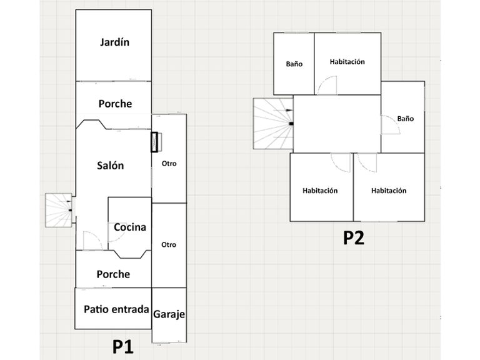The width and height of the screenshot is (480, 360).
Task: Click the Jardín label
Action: point(114,43)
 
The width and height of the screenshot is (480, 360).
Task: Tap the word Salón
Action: point(111,166)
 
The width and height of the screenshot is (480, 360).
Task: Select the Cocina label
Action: point(130,227)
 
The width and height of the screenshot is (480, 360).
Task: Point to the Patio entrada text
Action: point(116,309)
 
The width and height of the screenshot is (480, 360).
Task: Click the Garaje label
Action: point(169,314)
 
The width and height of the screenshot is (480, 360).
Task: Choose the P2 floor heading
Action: point(354,238)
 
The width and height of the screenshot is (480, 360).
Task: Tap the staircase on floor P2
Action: point(272,124)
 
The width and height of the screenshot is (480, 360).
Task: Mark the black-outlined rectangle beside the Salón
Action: point(155,142)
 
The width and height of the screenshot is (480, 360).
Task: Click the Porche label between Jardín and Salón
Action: point(116,103)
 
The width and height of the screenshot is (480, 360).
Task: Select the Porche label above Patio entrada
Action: point(114,274)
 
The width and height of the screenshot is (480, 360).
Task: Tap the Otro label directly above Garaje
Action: point(169,244)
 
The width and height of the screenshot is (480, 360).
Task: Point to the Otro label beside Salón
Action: point(169,164)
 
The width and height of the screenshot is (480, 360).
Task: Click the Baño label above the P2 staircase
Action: point(294,64)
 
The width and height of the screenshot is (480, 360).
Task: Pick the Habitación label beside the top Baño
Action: point(347,62)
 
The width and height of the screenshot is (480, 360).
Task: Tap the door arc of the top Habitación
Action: point(327,86)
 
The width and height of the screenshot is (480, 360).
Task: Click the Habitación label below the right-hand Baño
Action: point(389,191)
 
